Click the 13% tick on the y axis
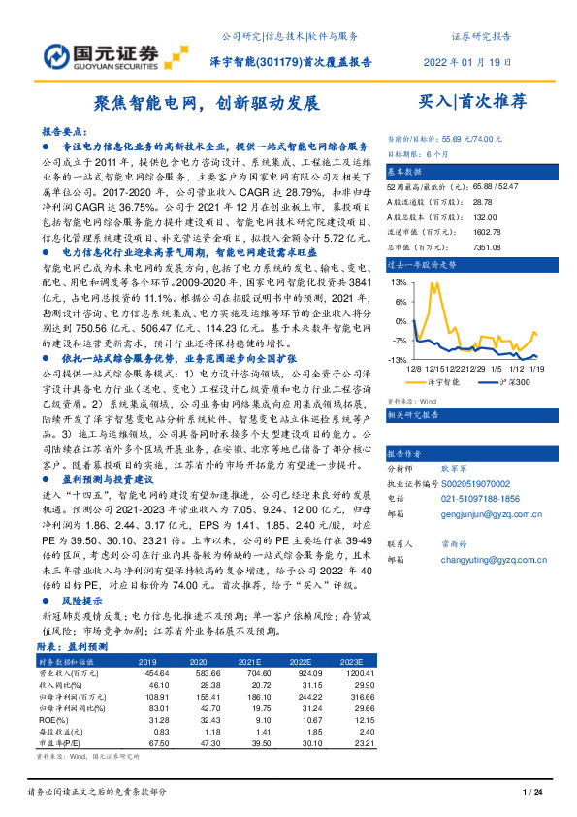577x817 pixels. pyautogui.click(x=399, y=282)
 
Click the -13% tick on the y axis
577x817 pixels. pyautogui.click(x=398, y=360)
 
